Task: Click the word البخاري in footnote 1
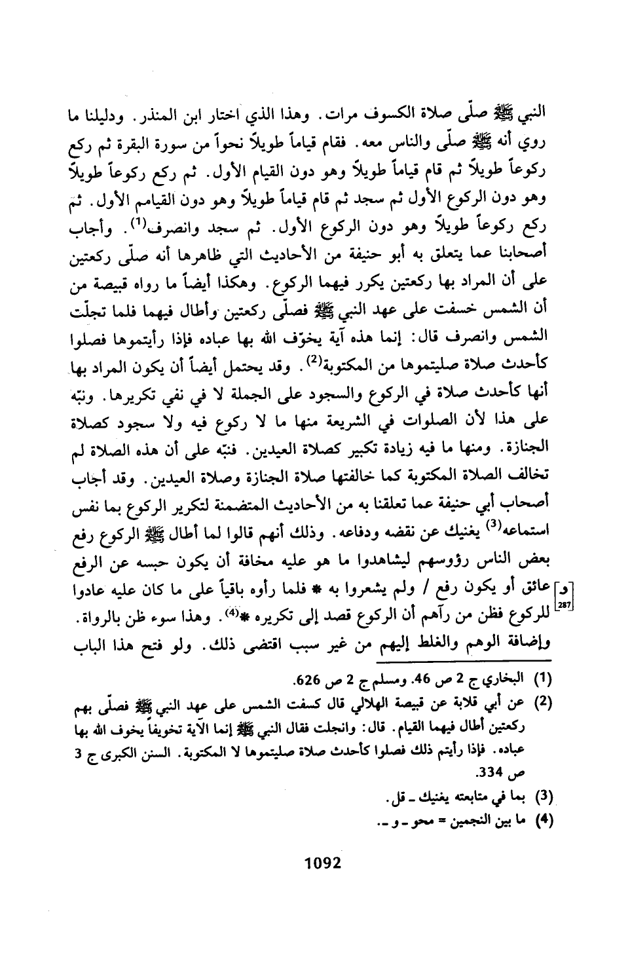click(x=500, y=676)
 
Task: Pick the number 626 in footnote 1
click(x=309, y=676)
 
